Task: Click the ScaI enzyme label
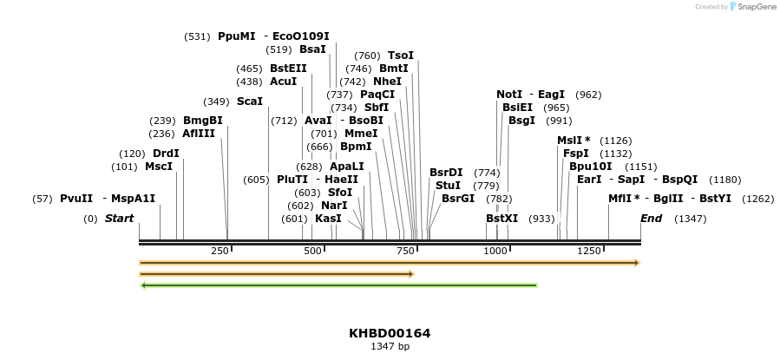coord(249,101)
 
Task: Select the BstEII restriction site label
coord(288,69)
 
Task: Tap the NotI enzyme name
coord(509,95)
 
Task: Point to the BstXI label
coord(501,219)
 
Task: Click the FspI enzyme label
coord(576,154)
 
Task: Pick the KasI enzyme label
coord(328,219)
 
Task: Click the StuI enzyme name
coord(448,186)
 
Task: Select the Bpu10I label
coord(590,167)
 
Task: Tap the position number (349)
coord(216,101)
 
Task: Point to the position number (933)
coord(541,219)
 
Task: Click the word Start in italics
coord(120,219)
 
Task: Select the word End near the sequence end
coord(651,219)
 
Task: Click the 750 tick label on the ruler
coord(405,251)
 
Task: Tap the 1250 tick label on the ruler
coord(588,251)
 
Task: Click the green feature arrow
coord(338,285)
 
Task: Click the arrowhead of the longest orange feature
coord(636,262)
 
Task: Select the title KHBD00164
coord(390,333)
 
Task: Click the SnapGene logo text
coord(757,7)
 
